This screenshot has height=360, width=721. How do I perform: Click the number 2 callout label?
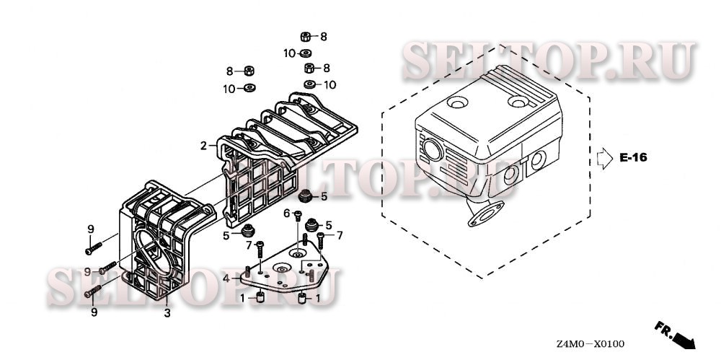tap(204, 146)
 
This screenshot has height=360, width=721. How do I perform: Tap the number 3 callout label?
tap(167, 313)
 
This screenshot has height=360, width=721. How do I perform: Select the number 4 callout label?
tap(226, 278)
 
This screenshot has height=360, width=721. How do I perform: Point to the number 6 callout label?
tap(286, 213)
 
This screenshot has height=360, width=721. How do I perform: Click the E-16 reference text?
tap(633, 157)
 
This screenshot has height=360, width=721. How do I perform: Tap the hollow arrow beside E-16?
tap(605, 159)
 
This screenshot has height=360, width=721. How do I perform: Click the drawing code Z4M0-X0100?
tap(590, 344)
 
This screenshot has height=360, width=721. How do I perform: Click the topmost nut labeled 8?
tap(305, 37)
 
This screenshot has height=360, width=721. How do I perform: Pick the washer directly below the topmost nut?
tap(305, 53)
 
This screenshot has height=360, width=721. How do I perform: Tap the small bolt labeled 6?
tap(298, 215)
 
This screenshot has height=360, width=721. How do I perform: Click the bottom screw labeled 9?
tap(93, 291)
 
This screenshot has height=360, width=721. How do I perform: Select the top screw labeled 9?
tap(93, 249)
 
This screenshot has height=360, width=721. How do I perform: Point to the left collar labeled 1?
tap(260, 298)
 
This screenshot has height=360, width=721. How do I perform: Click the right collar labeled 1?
tap(302, 298)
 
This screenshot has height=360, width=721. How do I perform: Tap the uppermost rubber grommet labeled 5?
tap(305, 196)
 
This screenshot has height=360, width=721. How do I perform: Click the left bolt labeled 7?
tap(260, 249)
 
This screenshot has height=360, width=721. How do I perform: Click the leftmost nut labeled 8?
tap(249, 71)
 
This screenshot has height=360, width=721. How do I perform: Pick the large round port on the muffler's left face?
tap(433, 151)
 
